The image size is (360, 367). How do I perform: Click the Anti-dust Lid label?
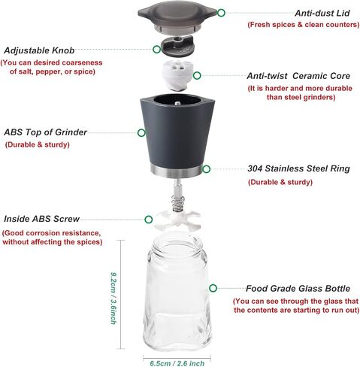(322, 13)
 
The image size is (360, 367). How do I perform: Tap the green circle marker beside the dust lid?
(221, 13)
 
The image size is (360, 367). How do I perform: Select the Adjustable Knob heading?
(39, 50)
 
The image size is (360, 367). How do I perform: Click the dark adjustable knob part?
(177, 46)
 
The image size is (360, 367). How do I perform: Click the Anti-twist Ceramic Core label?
(298, 76)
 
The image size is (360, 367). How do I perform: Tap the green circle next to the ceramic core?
(197, 75)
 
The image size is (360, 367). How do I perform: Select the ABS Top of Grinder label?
(45, 132)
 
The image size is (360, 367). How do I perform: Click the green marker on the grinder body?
(141, 133)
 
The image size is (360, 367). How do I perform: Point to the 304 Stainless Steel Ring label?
(298, 168)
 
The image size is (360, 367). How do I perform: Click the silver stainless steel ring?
(177, 171)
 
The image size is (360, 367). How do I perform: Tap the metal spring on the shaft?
(178, 203)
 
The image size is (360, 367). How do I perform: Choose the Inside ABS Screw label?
(41, 219)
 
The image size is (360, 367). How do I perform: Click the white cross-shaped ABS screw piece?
(177, 220)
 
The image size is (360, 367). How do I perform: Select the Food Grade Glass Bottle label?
(298, 289)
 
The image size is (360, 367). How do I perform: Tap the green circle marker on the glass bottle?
(213, 288)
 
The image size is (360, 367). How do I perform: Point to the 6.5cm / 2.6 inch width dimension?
(177, 363)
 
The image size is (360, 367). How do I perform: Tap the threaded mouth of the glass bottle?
(177, 244)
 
